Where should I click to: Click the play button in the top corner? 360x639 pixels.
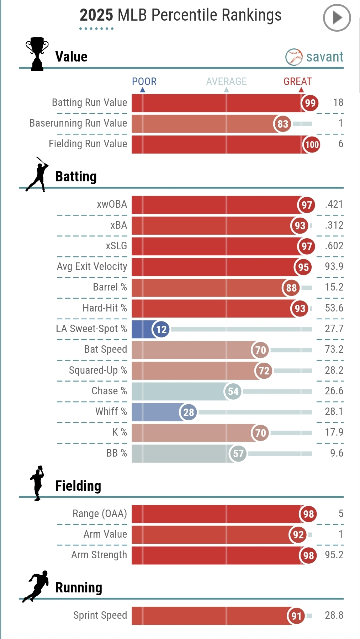click(x=337, y=18)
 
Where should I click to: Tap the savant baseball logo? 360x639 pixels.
click(x=293, y=57)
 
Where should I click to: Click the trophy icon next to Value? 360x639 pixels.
click(x=37, y=54)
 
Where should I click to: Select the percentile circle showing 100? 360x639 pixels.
click(x=312, y=144)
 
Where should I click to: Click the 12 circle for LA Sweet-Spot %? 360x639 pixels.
click(x=161, y=329)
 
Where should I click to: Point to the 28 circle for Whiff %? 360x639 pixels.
click(x=188, y=412)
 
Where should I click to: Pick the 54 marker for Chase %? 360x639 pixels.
click(x=233, y=392)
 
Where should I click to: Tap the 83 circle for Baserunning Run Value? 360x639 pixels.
click(x=282, y=124)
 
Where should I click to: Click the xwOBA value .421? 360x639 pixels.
click(x=334, y=204)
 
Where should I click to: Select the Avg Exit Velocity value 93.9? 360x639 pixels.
click(x=334, y=266)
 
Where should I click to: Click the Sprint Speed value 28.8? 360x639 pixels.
click(x=334, y=615)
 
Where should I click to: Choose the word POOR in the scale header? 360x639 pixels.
click(x=144, y=81)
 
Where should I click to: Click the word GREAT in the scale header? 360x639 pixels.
click(x=297, y=81)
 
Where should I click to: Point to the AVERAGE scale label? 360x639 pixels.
click(x=226, y=81)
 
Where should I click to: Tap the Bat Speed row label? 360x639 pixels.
click(x=105, y=349)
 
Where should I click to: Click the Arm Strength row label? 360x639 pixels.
click(x=99, y=555)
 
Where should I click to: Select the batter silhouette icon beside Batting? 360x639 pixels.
click(x=37, y=175)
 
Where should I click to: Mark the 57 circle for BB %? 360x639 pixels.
click(x=238, y=453)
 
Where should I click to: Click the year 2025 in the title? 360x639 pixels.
click(x=96, y=15)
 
